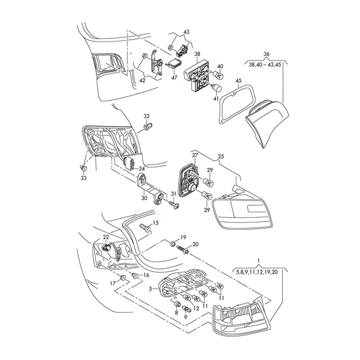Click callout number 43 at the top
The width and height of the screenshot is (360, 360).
tap(186, 32)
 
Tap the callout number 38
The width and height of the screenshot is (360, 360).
tap(196, 54)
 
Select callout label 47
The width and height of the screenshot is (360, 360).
tap(175, 77)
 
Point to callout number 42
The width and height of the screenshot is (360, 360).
tap(142, 78)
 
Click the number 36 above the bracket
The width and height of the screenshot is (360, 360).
tap(266, 53)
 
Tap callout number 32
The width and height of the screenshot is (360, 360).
tap(146, 115)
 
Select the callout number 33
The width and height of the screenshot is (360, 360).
tap(83, 178)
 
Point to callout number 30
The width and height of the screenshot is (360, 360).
tap(144, 198)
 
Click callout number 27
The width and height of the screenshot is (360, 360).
tap(195, 155)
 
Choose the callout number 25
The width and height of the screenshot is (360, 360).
tap(221, 156)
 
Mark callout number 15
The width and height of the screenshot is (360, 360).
tap(155, 223)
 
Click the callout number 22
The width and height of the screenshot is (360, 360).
tap(106, 237)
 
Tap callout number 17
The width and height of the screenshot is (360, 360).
tap(112, 283)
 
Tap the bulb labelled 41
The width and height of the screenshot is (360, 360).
tap(214, 89)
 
